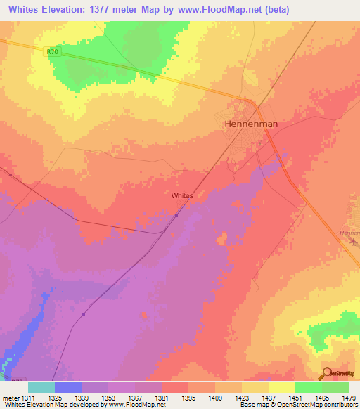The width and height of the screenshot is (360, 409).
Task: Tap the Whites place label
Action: pyautogui.click(x=183, y=197)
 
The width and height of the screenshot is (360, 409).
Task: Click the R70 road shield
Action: pyautogui.click(x=51, y=51)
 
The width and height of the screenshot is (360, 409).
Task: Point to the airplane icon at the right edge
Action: pyautogui.click(x=354, y=242)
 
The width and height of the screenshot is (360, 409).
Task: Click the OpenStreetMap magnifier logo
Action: pyautogui.click(x=326, y=374)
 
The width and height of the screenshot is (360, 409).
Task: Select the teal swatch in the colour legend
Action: pyautogui.click(x=41, y=387)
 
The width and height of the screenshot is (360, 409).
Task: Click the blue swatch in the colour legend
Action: pyautogui.click(x=68, y=387)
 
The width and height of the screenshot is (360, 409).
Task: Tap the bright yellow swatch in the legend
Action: pyautogui.click(x=282, y=387)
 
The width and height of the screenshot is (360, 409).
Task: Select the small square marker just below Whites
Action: pyautogui.click(x=176, y=216)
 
